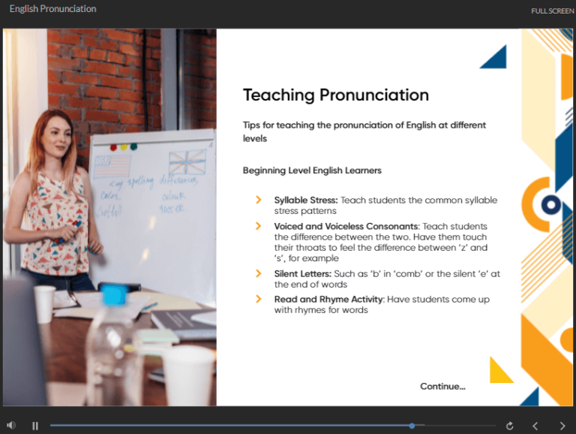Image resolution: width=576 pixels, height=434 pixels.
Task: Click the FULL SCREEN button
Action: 552,11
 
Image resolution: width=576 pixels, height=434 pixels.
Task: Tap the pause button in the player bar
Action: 35,426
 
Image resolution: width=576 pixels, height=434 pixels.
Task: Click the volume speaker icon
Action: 11,426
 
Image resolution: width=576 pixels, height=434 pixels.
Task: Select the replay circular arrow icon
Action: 510,426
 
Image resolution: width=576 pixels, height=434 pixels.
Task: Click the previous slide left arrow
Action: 535,426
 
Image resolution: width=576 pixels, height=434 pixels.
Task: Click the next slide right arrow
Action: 562,426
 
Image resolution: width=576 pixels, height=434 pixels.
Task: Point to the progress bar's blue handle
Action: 412,426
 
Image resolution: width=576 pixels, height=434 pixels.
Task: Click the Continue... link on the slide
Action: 442,386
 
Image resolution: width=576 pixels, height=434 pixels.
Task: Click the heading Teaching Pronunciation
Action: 336,95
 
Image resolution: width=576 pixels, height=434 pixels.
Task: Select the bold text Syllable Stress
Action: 306,200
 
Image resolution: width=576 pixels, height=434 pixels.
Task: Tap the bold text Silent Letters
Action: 302,274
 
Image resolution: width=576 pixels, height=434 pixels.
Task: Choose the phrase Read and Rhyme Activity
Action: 328,300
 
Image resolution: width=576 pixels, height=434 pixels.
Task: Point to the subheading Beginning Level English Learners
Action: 312,170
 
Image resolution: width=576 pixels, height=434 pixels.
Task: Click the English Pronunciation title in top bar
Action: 52,9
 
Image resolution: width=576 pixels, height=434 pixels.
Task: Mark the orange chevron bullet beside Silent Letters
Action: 259,274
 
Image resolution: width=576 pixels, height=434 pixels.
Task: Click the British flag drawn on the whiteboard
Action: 187,163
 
